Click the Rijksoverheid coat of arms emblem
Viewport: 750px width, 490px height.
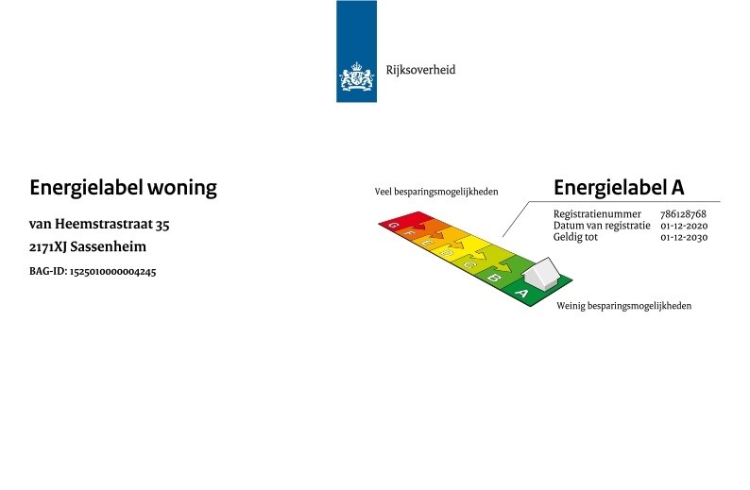356,76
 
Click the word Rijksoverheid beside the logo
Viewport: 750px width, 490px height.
420,70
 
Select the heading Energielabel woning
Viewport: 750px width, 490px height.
123,187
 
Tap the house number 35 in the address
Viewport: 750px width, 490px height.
162,224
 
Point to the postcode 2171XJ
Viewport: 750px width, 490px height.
48,246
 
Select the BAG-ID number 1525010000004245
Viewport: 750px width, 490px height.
113,272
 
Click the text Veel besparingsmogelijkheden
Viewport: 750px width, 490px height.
436,192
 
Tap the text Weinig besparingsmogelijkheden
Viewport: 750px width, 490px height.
623,306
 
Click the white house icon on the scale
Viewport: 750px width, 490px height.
541,273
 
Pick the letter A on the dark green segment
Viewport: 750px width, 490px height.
521,293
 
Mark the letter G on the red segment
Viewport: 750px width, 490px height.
393,225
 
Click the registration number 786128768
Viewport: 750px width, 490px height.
683,214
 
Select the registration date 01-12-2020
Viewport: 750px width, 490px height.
684,226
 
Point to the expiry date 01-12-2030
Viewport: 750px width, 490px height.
684,237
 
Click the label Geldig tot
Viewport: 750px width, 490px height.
575,237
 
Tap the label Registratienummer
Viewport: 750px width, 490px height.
597,214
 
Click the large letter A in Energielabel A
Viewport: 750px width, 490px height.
677,187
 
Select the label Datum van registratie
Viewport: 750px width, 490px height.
602,226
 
